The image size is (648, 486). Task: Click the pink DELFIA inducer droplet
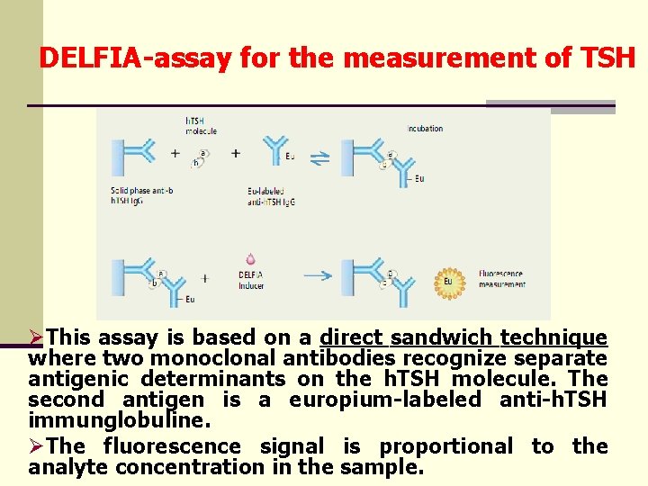coord(250,259)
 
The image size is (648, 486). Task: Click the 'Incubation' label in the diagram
coord(425,129)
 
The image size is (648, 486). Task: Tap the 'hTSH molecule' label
coord(201,127)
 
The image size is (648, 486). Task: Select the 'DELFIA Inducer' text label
coord(251,280)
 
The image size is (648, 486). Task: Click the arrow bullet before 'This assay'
coord(37,338)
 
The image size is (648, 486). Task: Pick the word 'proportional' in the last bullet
coord(445,446)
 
